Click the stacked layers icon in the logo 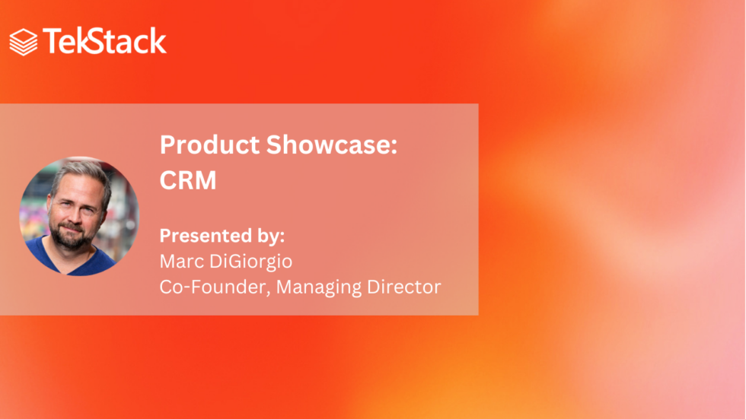point(23,42)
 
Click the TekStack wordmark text point(104,41)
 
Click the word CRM point(188,180)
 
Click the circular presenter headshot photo point(79,216)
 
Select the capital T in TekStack point(53,41)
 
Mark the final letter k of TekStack point(158,41)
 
